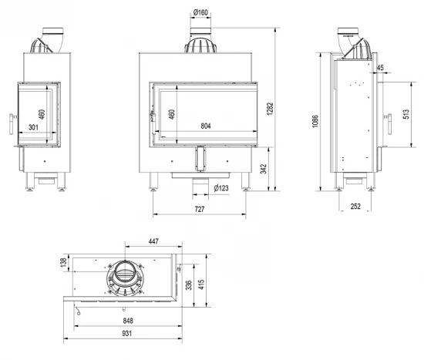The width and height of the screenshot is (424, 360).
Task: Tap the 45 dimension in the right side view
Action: pyautogui.click(x=380, y=69)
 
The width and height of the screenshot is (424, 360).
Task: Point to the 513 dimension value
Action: pyautogui.click(x=405, y=116)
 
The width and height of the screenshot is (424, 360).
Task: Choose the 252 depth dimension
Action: pyautogui.click(x=355, y=207)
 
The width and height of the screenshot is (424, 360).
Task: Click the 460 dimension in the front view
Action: pyautogui.click(x=172, y=116)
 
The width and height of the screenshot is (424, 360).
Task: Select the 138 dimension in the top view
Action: pyautogui.click(x=63, y=264)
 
